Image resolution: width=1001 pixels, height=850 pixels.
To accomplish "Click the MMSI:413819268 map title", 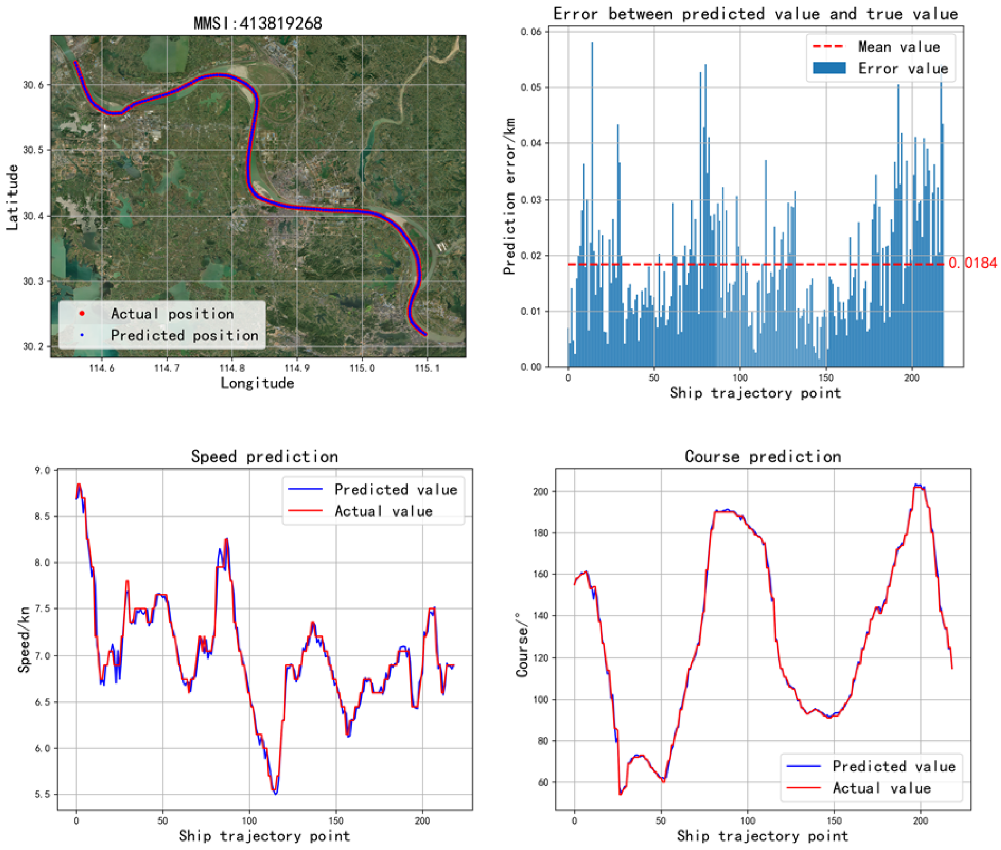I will coord(257,23).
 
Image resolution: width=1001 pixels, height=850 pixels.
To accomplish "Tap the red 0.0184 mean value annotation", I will coord(972,263).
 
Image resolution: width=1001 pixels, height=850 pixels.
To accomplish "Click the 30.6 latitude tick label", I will coord(33,85).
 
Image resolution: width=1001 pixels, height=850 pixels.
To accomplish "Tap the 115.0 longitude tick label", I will coord(361,369).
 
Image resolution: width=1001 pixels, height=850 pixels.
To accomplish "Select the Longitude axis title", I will coord(257,383).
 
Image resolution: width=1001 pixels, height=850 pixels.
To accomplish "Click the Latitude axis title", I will coord(13,198).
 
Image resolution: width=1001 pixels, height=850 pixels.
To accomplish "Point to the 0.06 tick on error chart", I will coord(531,32).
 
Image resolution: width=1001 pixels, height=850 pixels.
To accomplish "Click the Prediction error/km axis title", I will coord(509,196).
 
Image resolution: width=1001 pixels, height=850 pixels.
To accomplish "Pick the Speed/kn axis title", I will coord(24,640).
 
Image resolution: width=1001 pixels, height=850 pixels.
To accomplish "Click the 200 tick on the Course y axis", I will coord(541,492).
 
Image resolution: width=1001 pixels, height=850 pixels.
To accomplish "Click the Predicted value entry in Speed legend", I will coord(395,489).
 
